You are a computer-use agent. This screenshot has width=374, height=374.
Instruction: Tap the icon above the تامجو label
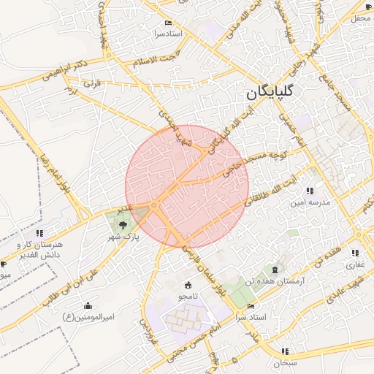coord(188,284)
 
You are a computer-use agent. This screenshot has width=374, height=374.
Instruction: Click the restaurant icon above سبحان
coord(284,351)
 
